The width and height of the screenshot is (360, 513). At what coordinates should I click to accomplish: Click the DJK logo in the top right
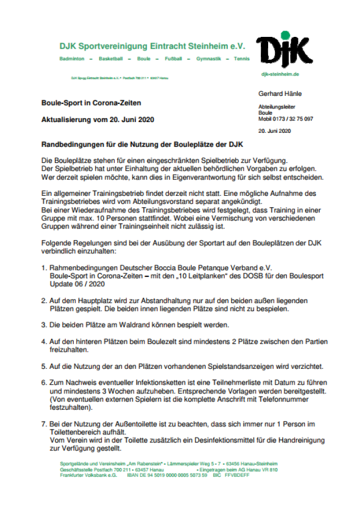point(283,49)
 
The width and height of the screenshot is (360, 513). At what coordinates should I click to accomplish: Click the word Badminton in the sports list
point(72,58)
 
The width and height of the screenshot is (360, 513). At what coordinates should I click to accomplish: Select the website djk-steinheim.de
point(279,74)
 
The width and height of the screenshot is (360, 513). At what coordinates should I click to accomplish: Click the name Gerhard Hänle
point(280,94)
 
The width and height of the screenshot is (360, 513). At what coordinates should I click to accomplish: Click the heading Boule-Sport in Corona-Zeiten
point(91,103)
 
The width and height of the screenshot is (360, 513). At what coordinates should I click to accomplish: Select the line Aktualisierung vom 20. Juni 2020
point(98,120)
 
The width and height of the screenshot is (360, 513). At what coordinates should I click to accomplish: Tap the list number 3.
point(44,325)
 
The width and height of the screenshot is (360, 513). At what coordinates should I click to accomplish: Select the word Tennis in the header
point(242,58)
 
